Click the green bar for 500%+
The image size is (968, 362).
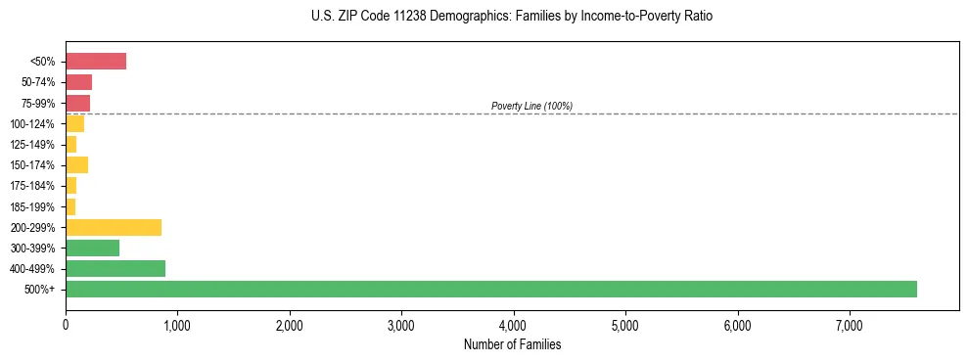coord(490,289)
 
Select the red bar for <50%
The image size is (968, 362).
coord(96,62)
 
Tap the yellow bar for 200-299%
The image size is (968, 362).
coord(114,227)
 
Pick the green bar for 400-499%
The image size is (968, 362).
coord(115,268)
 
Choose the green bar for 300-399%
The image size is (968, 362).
coord(92,248)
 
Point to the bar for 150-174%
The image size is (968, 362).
coord(77,164)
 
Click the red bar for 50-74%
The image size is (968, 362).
coord(78,82)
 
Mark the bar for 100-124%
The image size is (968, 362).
coord(75,123)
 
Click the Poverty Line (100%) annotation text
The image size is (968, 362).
coord(531,106)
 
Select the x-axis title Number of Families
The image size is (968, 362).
coord(512,344)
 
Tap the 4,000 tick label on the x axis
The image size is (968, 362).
coord(513,325)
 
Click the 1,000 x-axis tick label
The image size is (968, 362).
coord(177,325)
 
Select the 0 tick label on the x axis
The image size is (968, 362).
coord(66,325)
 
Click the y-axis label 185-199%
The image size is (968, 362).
coord(35,206)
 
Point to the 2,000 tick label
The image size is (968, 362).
coord(289,325)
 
